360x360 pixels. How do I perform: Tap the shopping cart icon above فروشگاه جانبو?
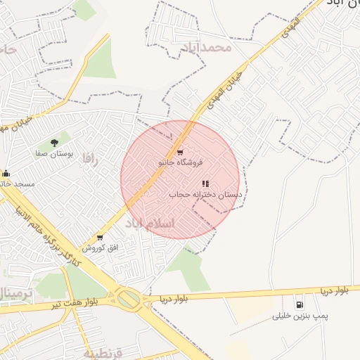(x=181, y=152)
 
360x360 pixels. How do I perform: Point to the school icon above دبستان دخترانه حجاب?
(x=205, y=184)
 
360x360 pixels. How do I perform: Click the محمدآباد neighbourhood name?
(x=206, y=48)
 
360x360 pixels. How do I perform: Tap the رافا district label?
(x=87, y=157)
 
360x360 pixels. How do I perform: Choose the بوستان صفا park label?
(x=52, y=152)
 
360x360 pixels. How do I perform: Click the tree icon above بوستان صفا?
(x=54, y=143)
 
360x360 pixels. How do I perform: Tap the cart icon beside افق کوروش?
(x=100, y=238)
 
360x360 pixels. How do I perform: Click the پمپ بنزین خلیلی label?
(x=300, y=317)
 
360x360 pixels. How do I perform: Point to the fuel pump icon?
(x=300, y=305)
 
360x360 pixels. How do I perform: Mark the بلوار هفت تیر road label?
(x=74, y=304)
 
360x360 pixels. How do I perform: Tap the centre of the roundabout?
(x=129, y=299)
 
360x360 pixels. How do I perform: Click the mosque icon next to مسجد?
(x=6, y=174)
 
